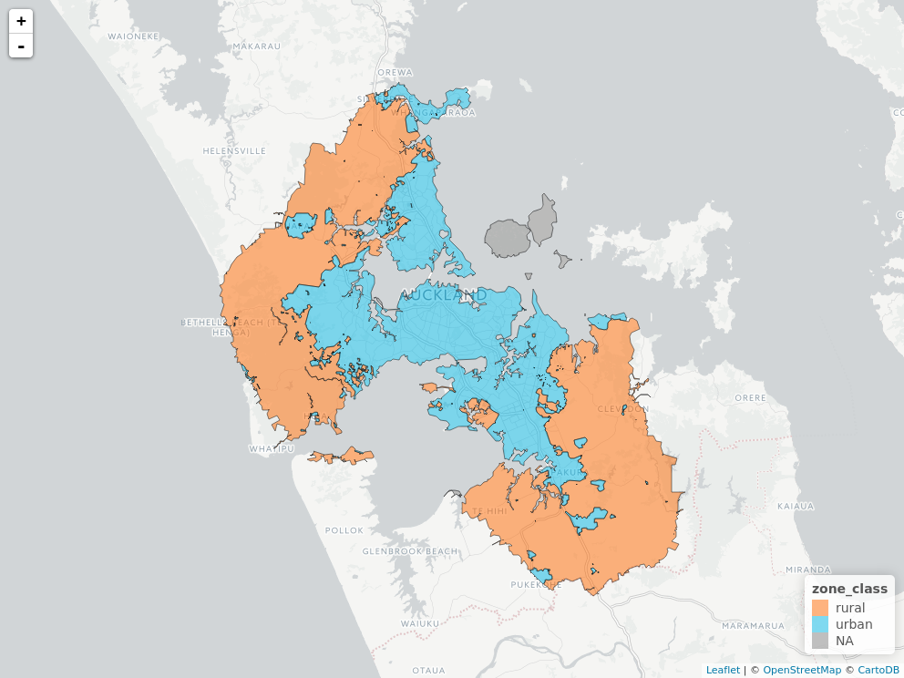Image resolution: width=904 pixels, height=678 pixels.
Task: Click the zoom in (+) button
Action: (x=21, y=21)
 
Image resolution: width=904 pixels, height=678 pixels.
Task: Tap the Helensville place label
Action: (x=234, y=150)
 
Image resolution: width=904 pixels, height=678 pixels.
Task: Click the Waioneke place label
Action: (x=133, y=36)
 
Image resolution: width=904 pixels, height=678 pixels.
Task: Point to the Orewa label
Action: (x=395, y=72)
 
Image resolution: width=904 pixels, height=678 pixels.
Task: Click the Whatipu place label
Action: (x=272, y=449)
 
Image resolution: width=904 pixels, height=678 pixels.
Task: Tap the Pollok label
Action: (x=344, y=529)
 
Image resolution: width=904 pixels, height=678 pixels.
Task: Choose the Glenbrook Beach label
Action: (x=410, y=551)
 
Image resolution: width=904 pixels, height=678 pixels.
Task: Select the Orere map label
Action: (x=751, y=398)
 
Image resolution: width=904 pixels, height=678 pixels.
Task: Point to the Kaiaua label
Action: (x=795, y=505)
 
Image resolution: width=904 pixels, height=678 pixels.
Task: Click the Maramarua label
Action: (x=753, y=626)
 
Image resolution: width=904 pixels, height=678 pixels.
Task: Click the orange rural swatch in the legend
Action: (x=820, y=608)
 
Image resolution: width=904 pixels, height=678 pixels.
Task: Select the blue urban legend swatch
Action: (x=820, y=624)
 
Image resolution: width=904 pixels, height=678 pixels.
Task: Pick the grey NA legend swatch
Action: (x=820, y=641)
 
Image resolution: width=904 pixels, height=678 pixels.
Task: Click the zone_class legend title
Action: (x=849, y=590)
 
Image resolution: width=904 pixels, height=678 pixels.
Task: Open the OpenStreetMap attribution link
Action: (x=802, y=670)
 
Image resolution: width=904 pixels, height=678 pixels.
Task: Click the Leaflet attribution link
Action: (x=723, y=670)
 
